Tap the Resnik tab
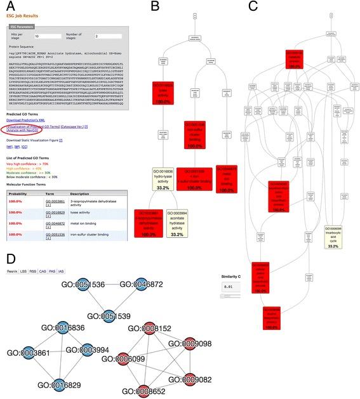click(x=13, y=271)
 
